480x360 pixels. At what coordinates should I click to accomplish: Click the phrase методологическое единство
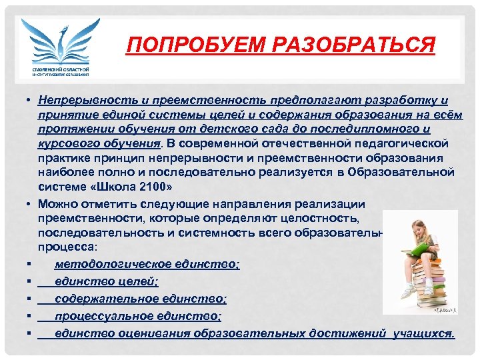pyautogui.click(x=147, y=264)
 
